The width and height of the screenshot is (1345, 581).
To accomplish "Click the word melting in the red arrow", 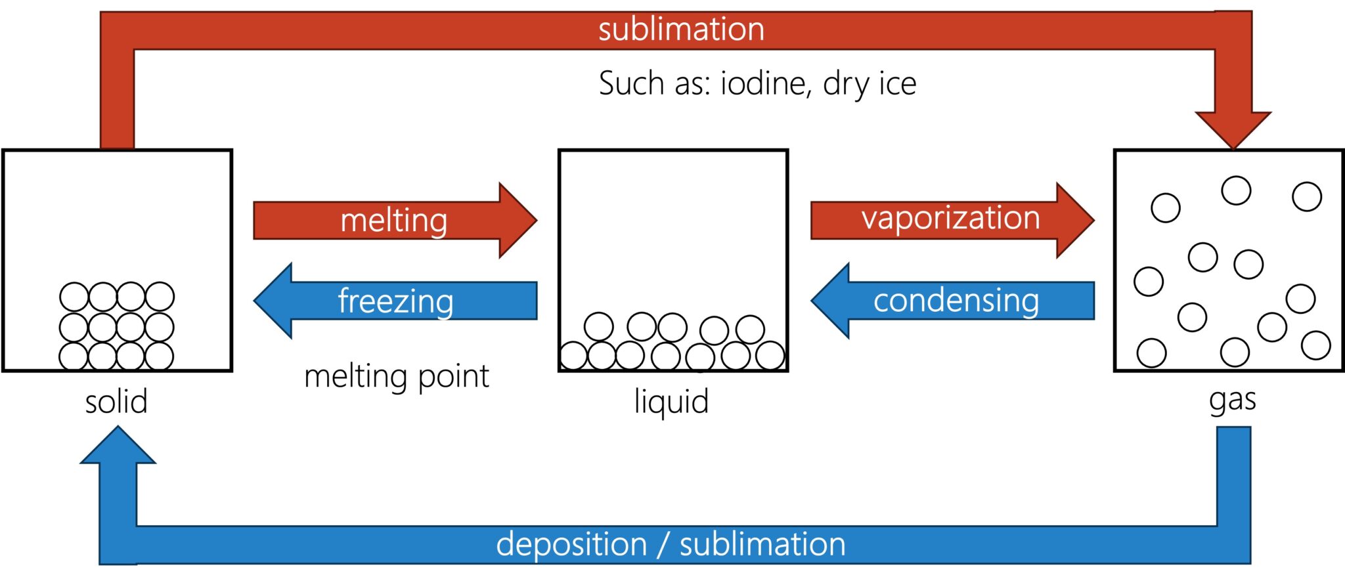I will coord(394,221).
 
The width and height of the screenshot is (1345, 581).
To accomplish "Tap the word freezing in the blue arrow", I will coord(395,301).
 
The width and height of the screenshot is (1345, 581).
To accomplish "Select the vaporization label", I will coord(950,218).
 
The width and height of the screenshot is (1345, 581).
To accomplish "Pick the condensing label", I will coord(956,301).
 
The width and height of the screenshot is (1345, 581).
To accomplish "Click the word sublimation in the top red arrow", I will coord(681,30).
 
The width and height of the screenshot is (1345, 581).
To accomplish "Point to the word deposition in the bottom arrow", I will coord(571,545).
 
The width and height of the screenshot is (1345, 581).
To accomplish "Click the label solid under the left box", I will coord(116,402).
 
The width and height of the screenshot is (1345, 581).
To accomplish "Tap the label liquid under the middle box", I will coord(671,402).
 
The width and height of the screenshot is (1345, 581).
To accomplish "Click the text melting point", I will coord(397,377).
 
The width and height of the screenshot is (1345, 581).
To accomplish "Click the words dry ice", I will coord(869,84).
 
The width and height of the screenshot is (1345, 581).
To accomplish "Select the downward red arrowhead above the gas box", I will coord(1233,129).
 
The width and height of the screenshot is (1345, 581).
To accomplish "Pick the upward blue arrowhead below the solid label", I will coord(118,447).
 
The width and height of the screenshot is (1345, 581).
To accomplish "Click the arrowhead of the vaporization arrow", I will coord(1074,221).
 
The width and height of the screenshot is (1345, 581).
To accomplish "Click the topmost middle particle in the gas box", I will coord(1235,191).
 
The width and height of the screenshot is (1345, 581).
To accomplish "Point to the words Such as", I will coord(654,84).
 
